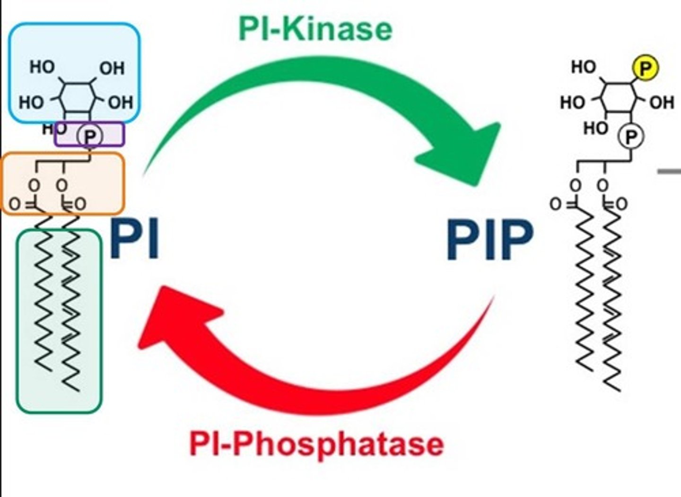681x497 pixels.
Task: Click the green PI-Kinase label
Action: pyautogui.click(x=315, y=29)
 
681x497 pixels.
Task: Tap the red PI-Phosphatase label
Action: pyautogui.click(x=316, y=444)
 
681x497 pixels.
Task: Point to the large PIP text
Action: pyautogui.click(x=490, y=240)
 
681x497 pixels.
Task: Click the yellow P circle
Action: pyautogui.click(x=646, y=68)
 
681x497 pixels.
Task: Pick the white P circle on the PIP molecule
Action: pyautogui.click(x=631, y=137)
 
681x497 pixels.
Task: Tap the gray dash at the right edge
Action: pyautogui.click(x=670, y=171)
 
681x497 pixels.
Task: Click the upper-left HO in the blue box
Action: pyautogui.click(x=42, y=67)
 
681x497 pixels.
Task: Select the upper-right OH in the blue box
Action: pyautogui.click(x=112, y=69)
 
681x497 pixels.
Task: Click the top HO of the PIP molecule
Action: pyautogui.click(x=583, y=67)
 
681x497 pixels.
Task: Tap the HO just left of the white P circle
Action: pyautogui.click(x=596, y=128)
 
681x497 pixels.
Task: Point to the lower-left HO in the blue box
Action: pyautogui.click(x=31, y=102)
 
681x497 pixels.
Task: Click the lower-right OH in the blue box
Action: pyautogui.click(x=121, y=102)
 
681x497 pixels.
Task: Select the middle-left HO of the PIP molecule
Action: pyautogui.click(x=573, y=102)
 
